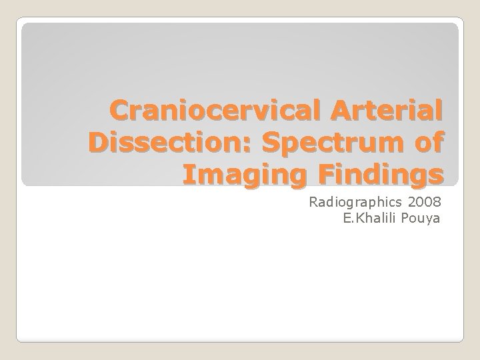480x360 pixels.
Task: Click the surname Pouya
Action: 421,218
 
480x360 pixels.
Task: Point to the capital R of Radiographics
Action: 313,202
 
